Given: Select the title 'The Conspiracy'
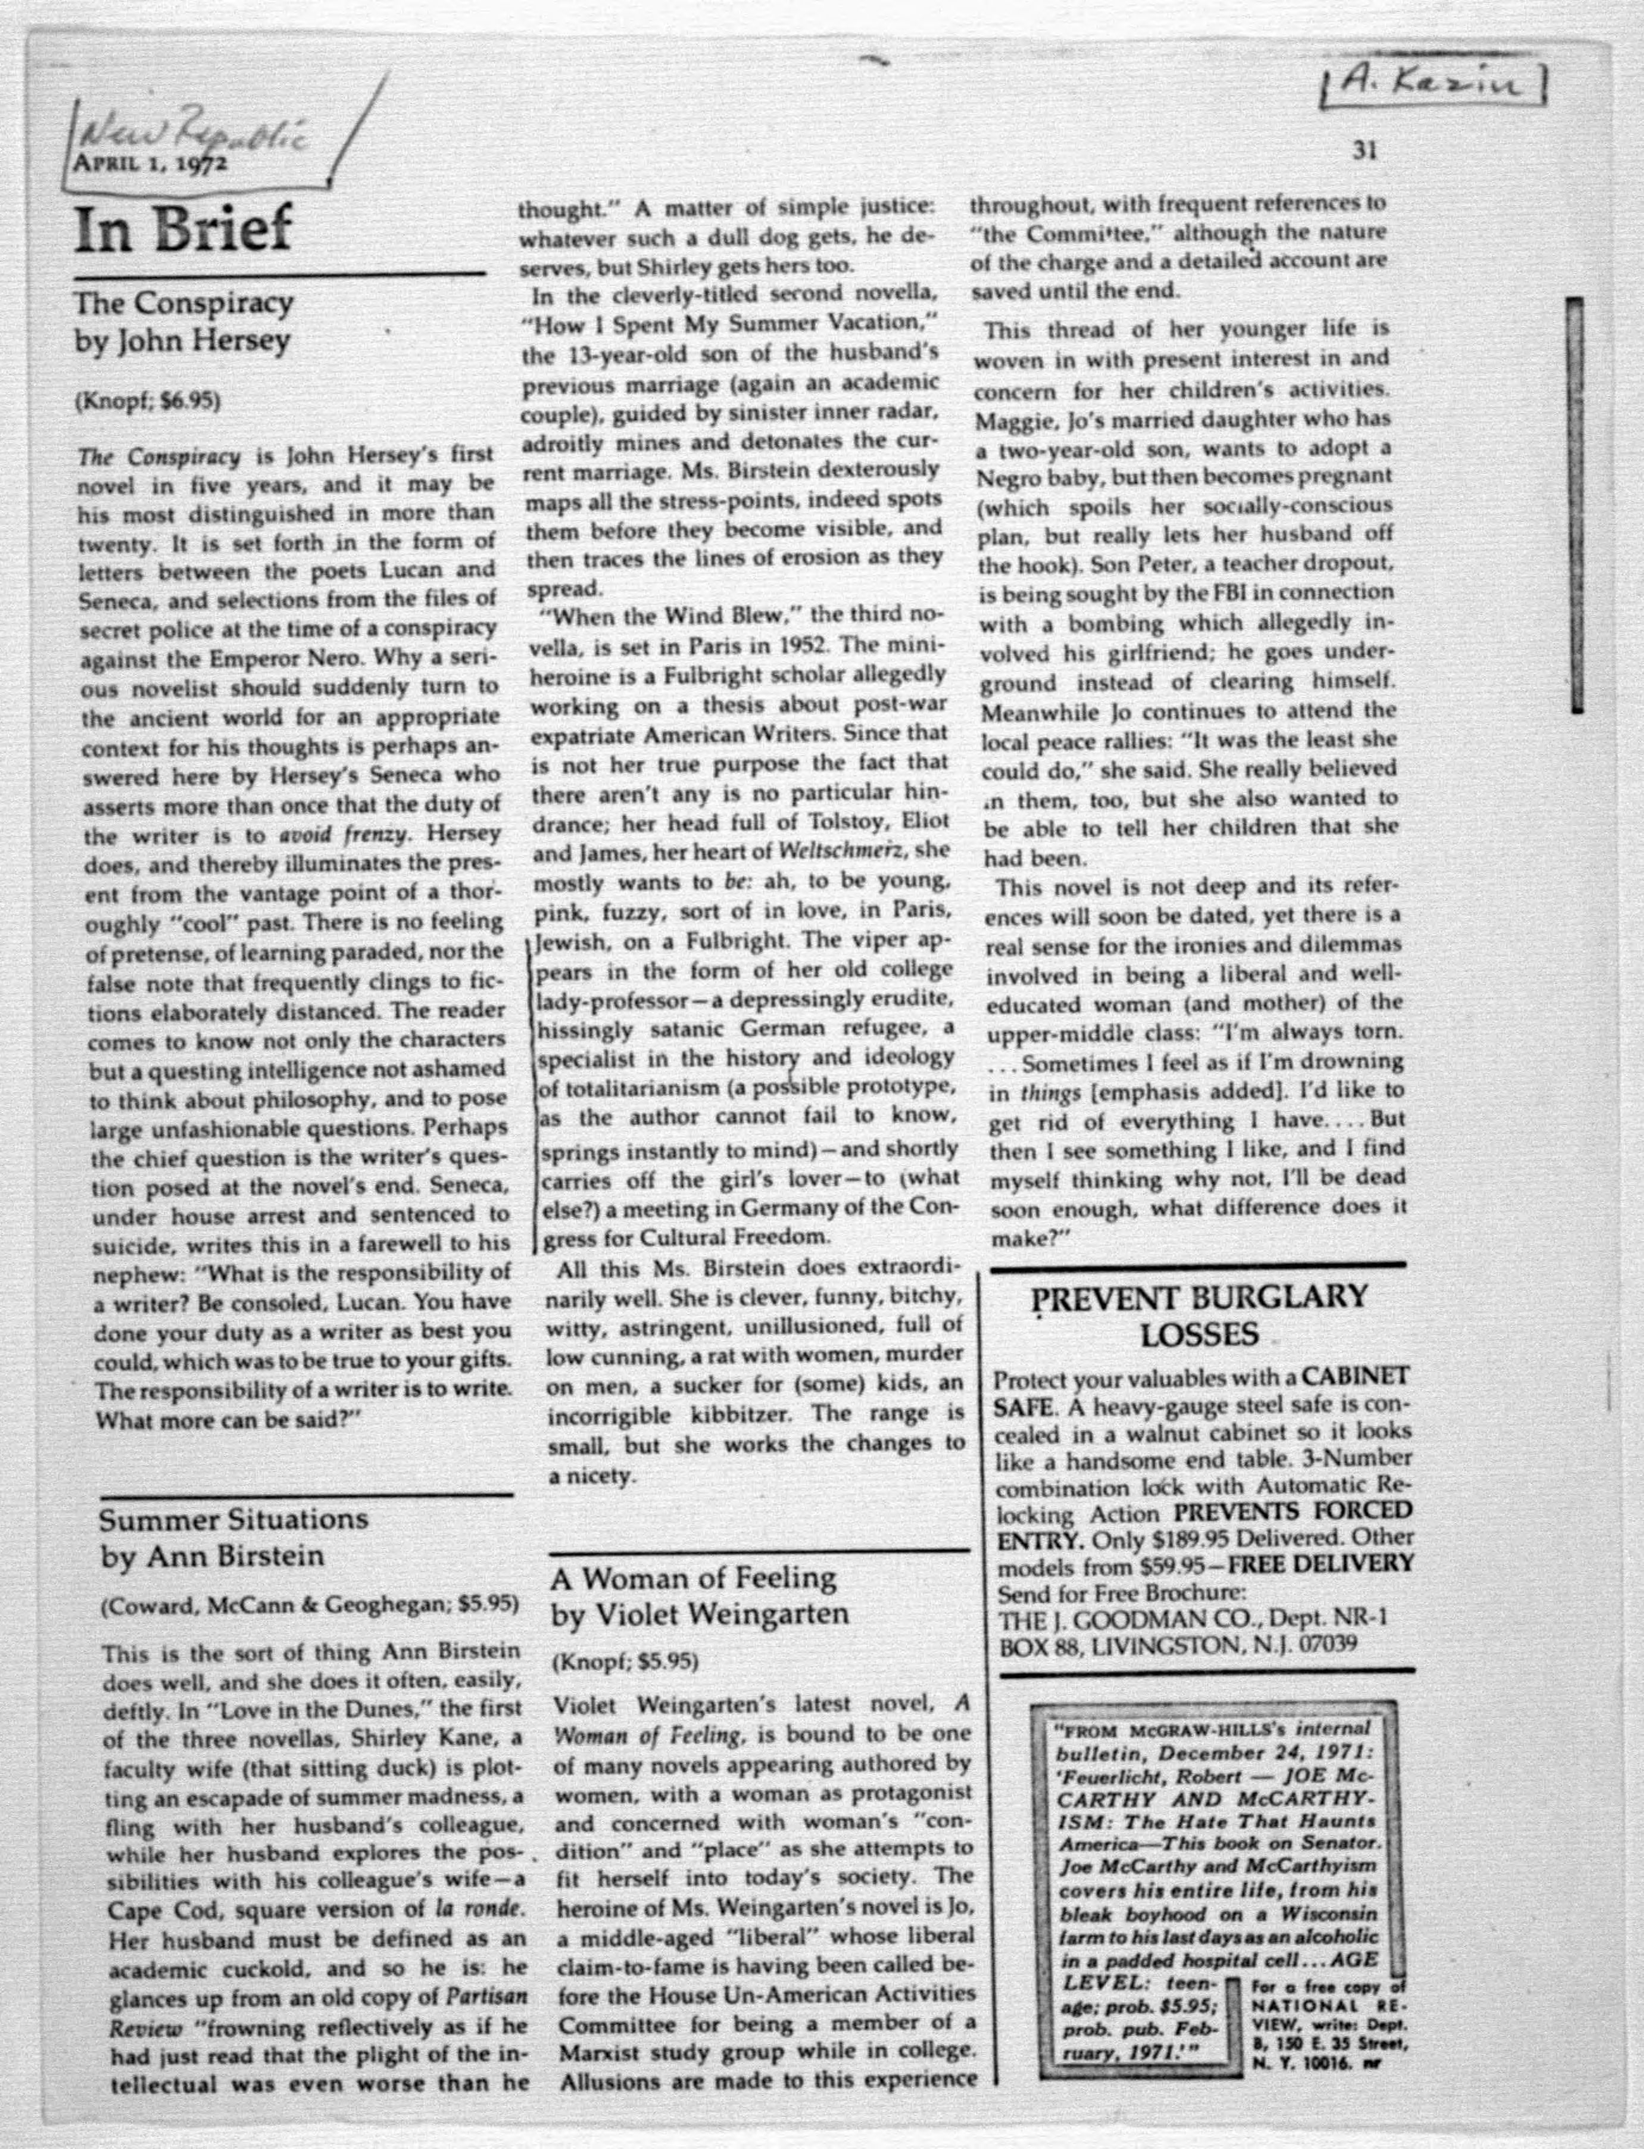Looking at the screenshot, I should pos(184,303).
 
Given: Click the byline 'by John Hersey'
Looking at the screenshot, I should pos(183,341).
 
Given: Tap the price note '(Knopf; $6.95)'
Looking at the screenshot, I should pos(148,401).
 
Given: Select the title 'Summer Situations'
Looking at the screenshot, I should pos(234,1519).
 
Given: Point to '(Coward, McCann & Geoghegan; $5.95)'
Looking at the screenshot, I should pos(309,1605).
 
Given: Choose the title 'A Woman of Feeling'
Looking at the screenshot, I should pos(693,1577).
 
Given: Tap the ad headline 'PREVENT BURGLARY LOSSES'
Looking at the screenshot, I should pos(1200,1317).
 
